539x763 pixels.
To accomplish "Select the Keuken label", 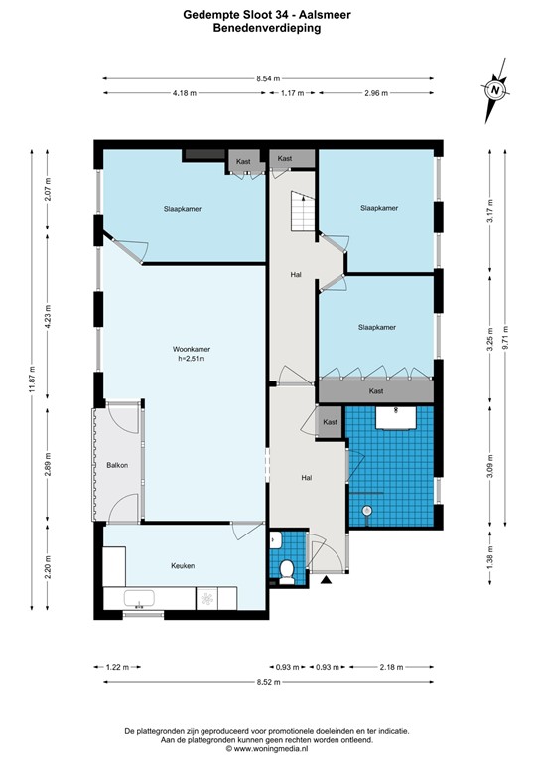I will (x=182, y=566).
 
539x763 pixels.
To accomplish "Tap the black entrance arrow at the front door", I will (x=326, y=580).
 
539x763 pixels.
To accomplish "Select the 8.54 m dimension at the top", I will (x=268, y=77).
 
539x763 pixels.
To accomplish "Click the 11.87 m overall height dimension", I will (x=33, y=379).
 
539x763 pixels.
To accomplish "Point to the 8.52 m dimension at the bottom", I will (x=268, y=682).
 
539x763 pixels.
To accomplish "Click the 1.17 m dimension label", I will (x=291, y=93).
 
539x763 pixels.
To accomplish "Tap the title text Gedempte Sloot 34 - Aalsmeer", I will (x=268, y=15).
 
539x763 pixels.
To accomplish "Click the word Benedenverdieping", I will (x=268, y=29).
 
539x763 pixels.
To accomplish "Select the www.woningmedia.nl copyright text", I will (x=268, y=747).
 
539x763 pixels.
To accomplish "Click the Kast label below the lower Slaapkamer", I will (x=376, y=392).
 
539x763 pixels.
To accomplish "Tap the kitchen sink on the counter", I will (x=139, y=599).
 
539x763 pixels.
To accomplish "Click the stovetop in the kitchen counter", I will (x=208, y=599).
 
